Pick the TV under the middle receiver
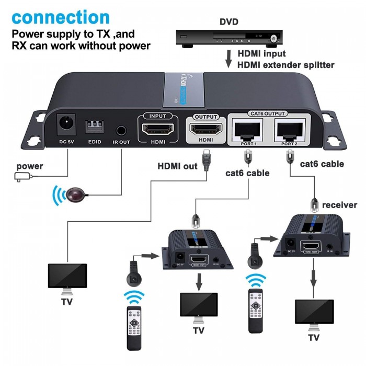199,308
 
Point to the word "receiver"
339,204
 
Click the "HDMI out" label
178,166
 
